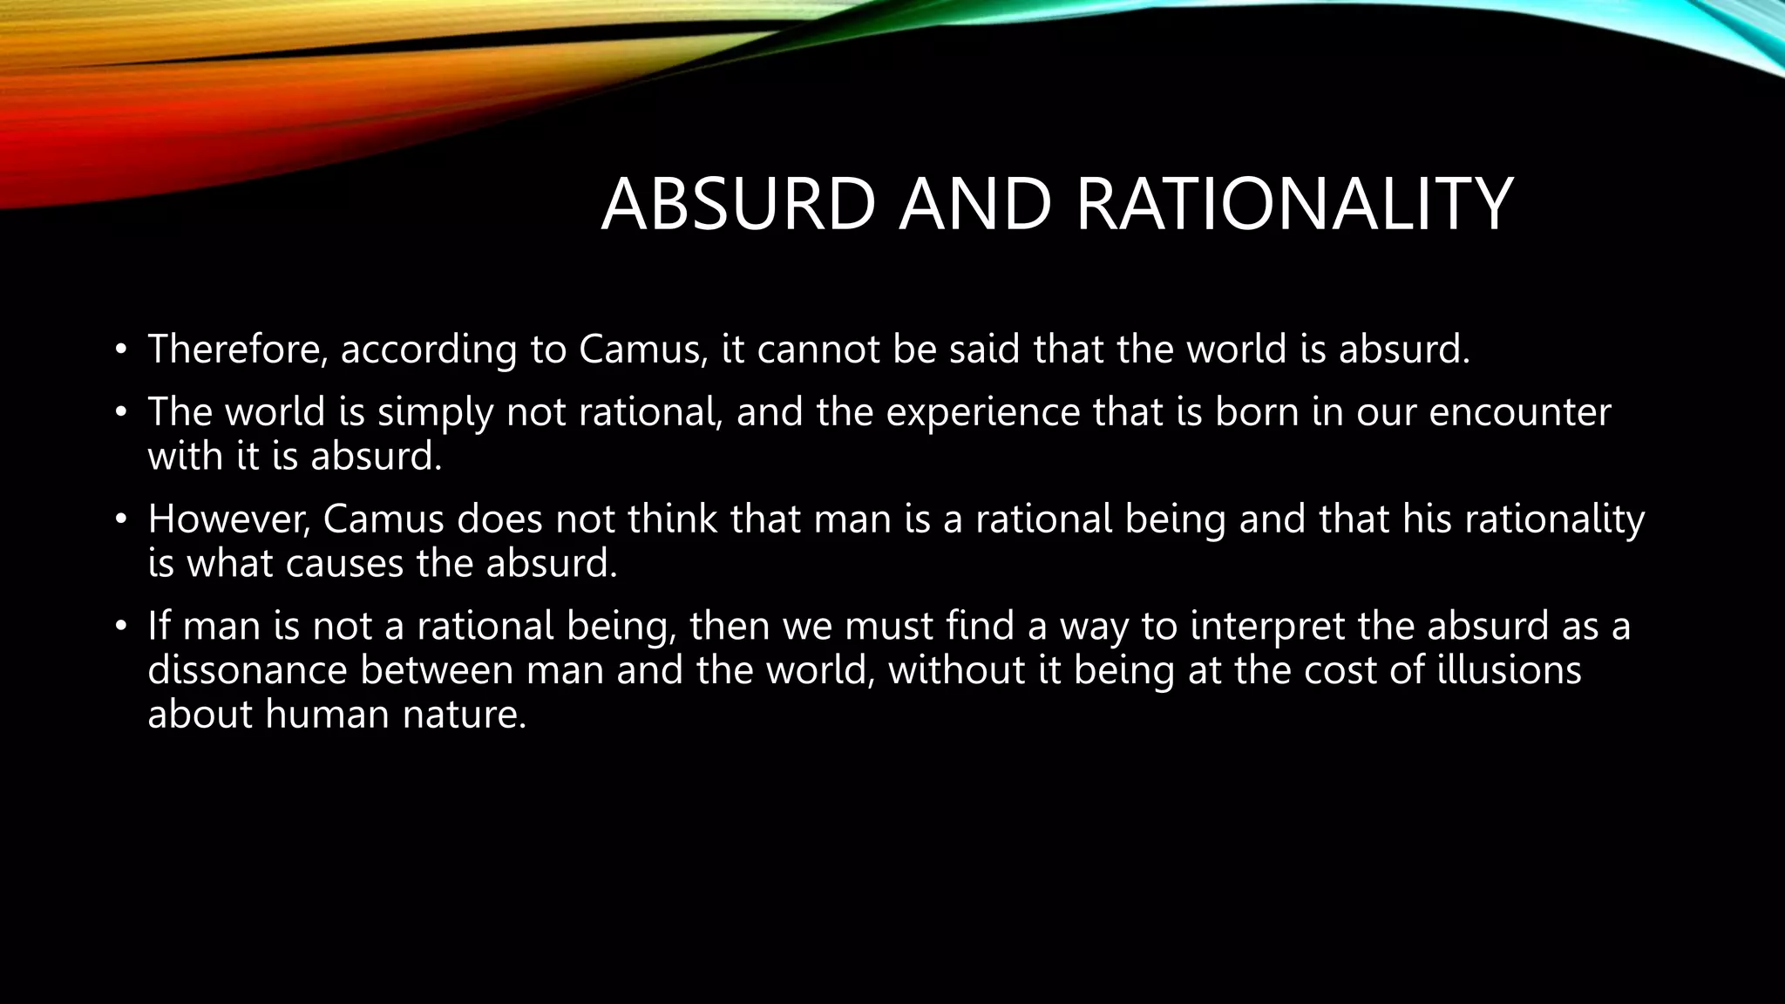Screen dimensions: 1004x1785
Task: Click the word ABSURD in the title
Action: (737, 204)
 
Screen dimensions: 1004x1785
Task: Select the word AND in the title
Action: (975, 204)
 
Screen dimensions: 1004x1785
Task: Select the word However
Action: (228, 519)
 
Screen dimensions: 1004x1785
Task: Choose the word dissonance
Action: (247, 670)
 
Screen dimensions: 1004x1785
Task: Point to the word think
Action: (673, 519)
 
